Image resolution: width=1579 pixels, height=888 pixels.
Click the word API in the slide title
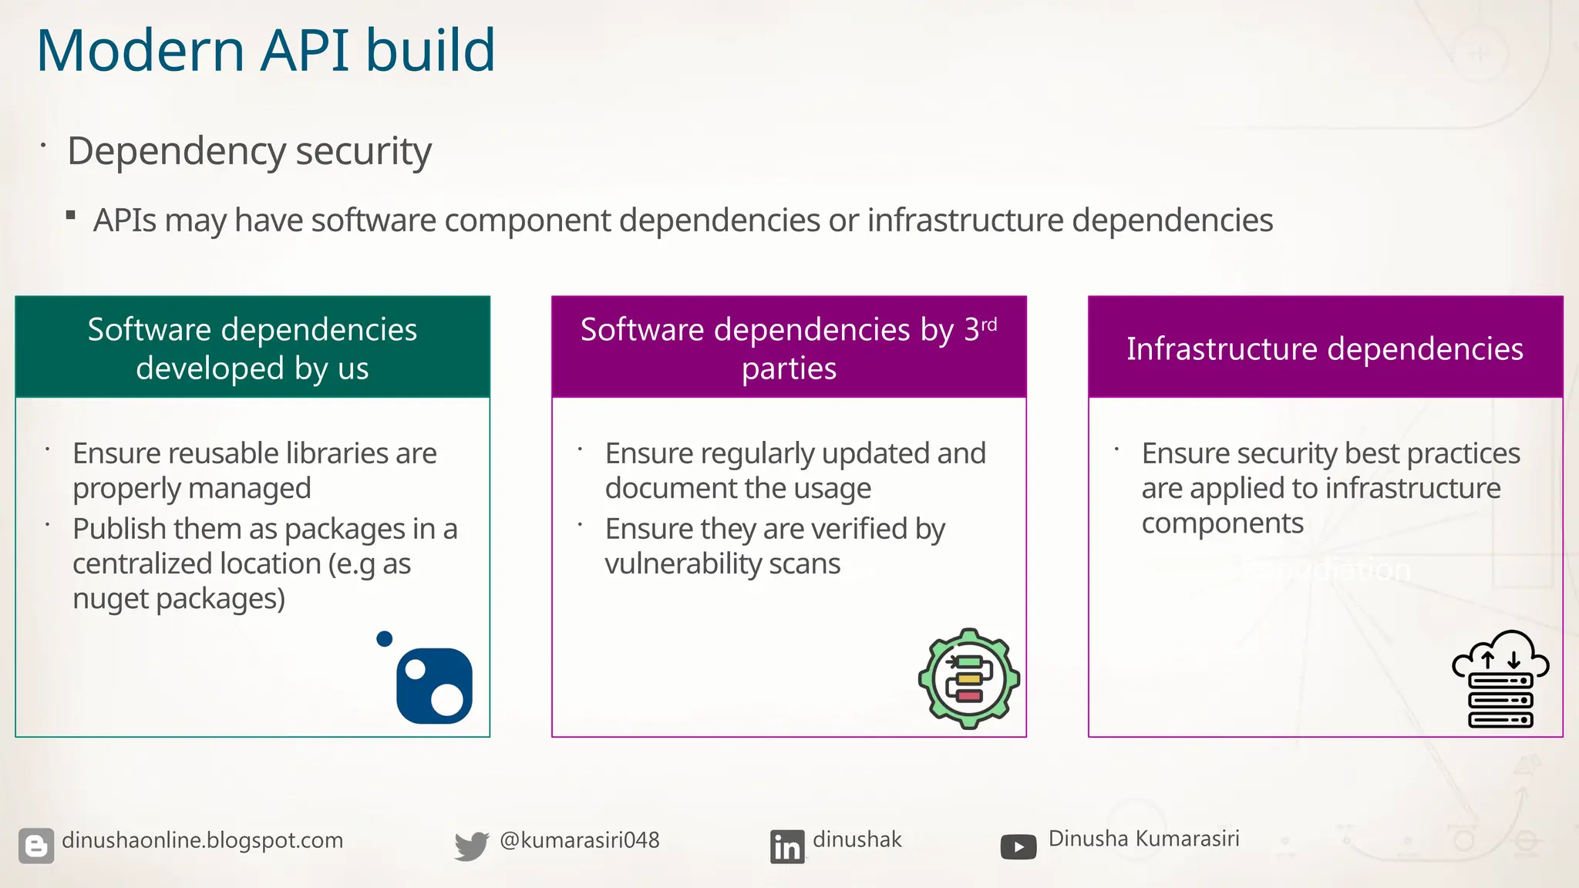point(305,51)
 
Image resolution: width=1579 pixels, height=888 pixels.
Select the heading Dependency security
point(249,151)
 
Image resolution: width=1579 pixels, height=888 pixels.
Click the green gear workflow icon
point(969,679)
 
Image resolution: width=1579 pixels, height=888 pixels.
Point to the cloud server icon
point(1500,679)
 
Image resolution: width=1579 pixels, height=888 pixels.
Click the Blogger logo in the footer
point(36,846)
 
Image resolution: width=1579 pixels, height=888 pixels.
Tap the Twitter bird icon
point(471,846)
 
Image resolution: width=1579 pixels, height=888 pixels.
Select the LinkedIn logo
point(786,846)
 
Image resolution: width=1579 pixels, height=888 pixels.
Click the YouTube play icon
point(1018,847)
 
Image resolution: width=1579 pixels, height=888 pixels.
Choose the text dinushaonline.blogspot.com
point(202,840)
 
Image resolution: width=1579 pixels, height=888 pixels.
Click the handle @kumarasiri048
point(580,840)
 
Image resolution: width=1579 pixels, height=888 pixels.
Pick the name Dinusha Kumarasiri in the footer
point(1143,839)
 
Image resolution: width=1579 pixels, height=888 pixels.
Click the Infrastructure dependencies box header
point(1325,348)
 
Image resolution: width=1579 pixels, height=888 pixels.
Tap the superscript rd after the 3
point(989,325)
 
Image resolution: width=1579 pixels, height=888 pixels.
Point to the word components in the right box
point(1222,523)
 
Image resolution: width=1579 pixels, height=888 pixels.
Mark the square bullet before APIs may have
point(71,216)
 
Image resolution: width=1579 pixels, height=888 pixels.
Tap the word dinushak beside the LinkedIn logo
point(857,839)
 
